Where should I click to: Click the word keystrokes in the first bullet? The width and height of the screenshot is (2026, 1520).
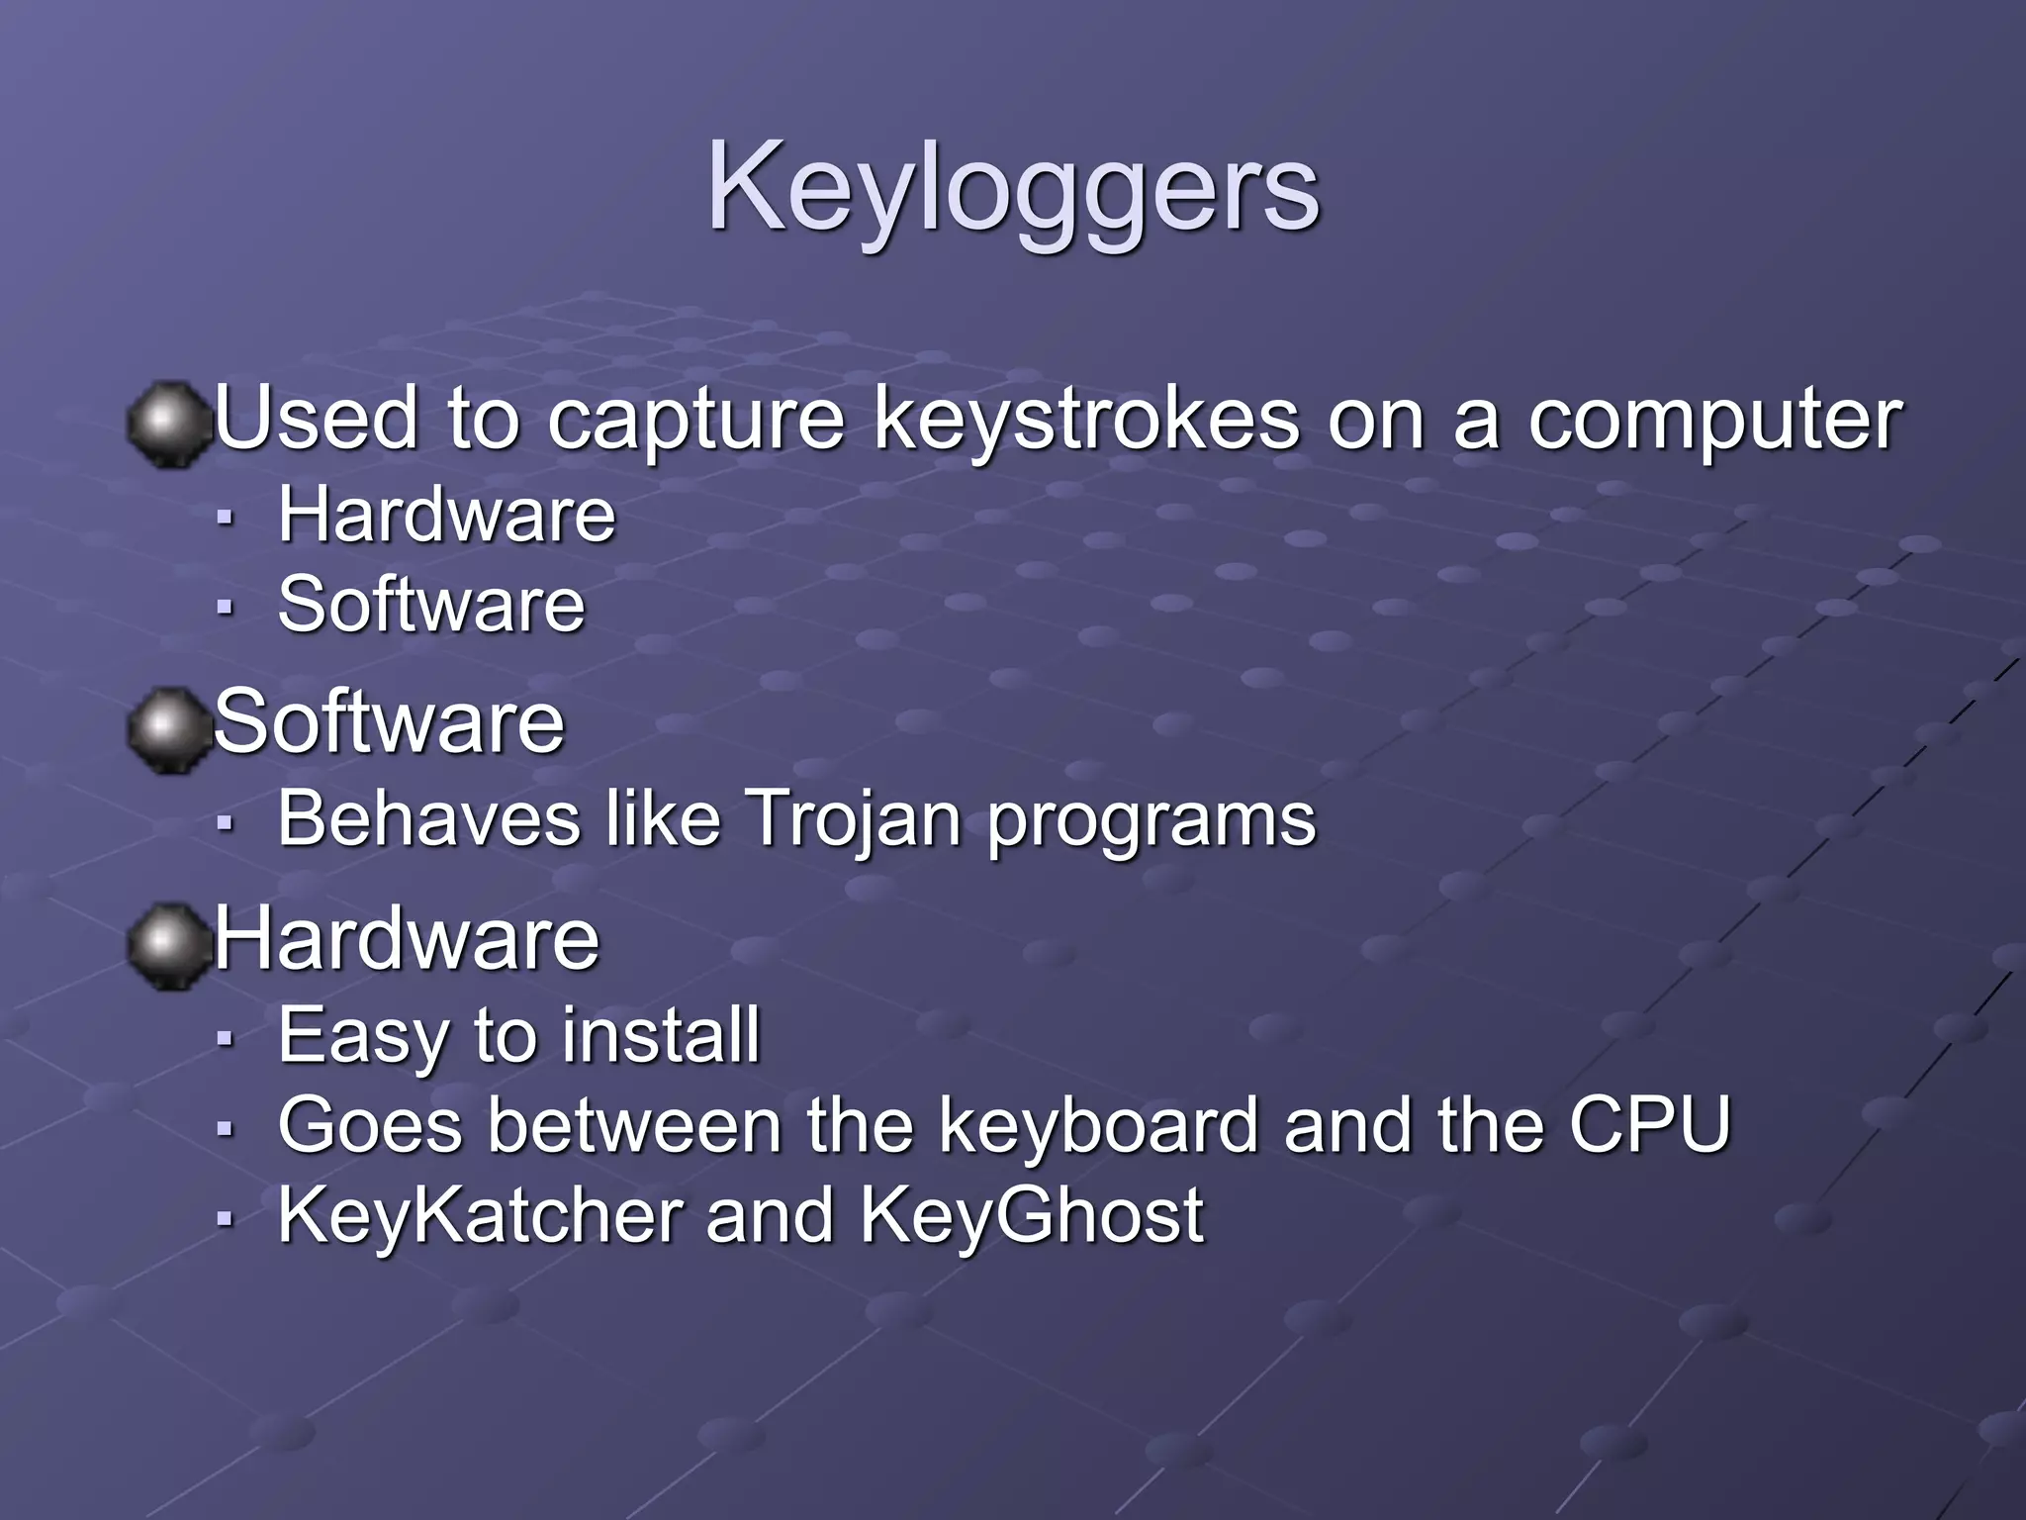pyautogui.click(x=1086, y=420)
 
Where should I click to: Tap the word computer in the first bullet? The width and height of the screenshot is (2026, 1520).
pyautogui.click(x=1713, y=420)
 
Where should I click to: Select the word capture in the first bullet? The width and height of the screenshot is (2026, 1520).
pyautogui.click(x=695, y=420)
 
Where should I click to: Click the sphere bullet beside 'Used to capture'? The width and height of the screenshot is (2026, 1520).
pyautogui.click(x=170, y=425)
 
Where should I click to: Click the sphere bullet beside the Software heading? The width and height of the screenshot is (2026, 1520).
pyautogui.click(x=170, y=729)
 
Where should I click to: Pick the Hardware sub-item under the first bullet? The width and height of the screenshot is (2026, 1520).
pyautogui.click(x=446, y=516)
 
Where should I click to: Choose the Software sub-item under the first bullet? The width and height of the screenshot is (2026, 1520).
pyautogui.click(x=431, y=605)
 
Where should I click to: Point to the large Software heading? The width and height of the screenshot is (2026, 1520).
pyautogui.click(x=389, y=722)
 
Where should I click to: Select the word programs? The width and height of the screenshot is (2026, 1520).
pyautogui.click(x=1151, y=821)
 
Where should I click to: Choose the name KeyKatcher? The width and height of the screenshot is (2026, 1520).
pyautogui.click(x=480, y=1215)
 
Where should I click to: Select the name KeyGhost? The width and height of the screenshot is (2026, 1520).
pyautogui.click(x=1032, y=1215)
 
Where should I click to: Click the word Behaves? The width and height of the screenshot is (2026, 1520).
pyautogui.click(x=428, y=819)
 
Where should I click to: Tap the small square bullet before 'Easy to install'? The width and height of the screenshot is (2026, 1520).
pyautogui.click(x=226, y=1038)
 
